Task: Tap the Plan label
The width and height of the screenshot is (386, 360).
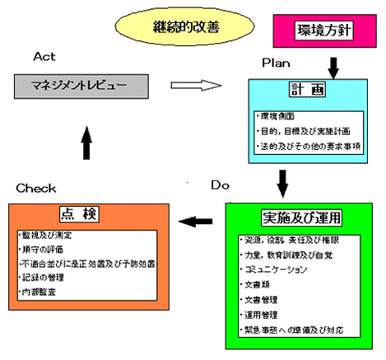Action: click(x=277, y=63)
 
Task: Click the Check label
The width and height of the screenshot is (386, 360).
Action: click(x=35, y=188)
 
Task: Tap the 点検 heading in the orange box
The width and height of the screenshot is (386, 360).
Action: click(x=86, y=214)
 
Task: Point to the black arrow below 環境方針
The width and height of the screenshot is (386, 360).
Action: click(x=333, y=65)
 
